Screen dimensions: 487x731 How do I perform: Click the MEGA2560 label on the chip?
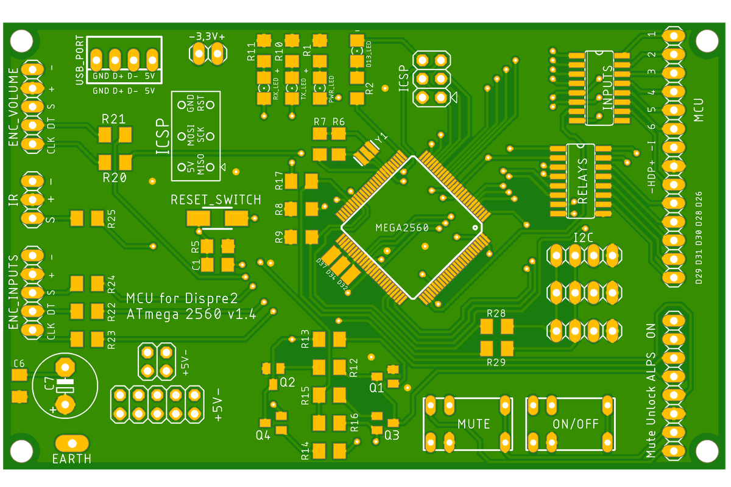[402, 228]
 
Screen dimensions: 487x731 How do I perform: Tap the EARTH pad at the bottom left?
[71, 443]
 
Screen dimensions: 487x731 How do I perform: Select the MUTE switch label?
[473, 424]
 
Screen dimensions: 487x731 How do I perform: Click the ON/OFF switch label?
[576, 424]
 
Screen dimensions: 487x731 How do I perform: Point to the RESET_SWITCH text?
[216, 200]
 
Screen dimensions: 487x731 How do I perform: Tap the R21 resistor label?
[114, 119]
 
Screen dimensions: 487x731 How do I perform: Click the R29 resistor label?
[496, 362]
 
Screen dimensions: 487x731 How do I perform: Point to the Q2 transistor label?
[287, 382]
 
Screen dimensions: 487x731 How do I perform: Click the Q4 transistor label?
[263, 435]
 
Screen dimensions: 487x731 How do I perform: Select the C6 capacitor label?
[19, 363]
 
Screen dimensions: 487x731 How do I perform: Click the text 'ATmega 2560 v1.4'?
[191, 315]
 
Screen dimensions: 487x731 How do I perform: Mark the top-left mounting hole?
[21, 41]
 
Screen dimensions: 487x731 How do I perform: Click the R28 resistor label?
[496, 314]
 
